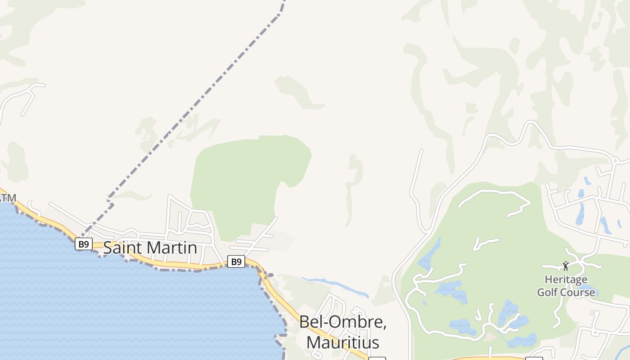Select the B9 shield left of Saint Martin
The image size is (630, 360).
[x=83, y=244]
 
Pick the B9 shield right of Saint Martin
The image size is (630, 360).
[x=236, y=261]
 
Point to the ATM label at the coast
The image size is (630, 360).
[x=8, y=198]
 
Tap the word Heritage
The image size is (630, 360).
[x=566, y=279]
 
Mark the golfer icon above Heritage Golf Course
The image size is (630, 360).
[x=566, y=266]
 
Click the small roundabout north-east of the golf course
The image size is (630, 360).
[x=615, y=160]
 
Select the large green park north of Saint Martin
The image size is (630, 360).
[x=243, y=180]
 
